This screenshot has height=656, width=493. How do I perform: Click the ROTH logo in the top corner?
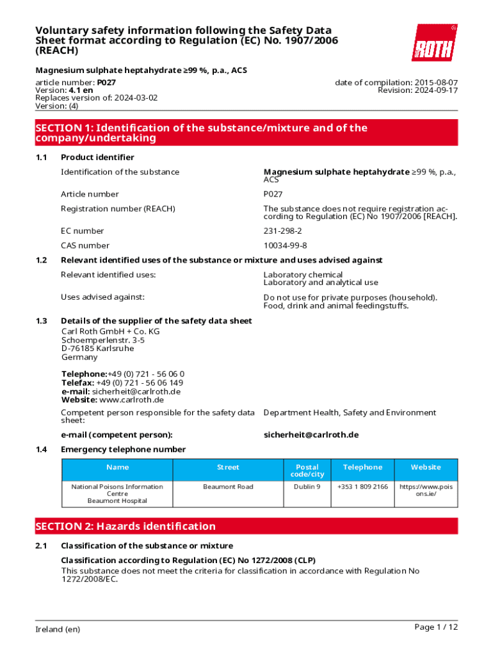[434, 43]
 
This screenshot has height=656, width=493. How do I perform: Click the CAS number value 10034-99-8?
[285, 245]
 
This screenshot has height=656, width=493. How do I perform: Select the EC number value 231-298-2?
[282, 231]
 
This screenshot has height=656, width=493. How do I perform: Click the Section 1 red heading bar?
[247, 133]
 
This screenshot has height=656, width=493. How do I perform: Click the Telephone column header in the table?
[362, 467]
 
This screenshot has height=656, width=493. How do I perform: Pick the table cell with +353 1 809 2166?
[362, 487]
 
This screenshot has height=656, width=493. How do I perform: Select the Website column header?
[426, 467]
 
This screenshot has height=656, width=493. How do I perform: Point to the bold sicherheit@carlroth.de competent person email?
[311, 434]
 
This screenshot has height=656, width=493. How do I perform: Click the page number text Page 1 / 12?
[436, 627]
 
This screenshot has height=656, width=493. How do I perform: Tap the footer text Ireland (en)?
[58, 629]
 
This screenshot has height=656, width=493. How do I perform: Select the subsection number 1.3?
[42, 320]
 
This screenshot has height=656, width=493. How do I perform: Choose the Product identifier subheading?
[97, 157]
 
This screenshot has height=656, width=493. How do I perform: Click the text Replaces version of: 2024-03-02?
[96, 98]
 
